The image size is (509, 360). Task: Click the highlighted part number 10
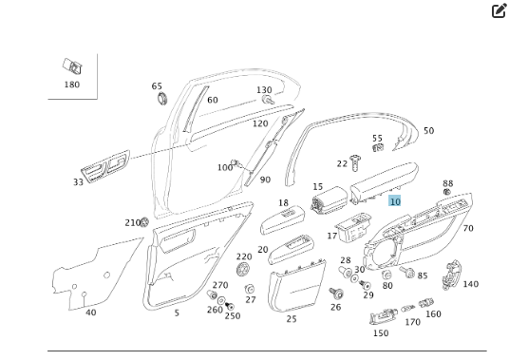tap(395, 201)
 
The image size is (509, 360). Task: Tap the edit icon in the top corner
tap(499, 11)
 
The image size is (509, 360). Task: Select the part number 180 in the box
tap(71, 85)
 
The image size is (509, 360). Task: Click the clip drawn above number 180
tap(71, 66)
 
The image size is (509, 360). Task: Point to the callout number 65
tap(157, 86)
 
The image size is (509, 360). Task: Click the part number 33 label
tap(78, 182)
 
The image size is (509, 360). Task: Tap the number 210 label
tap(133, 222)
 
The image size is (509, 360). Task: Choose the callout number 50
tap(428, 131)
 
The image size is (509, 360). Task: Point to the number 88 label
tap(447, 184)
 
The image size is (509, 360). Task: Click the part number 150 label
tap(380, 333)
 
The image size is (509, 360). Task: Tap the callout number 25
tap(292, 319)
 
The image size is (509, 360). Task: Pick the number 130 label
tap(264, 90)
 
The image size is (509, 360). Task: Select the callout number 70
tap(467, 228)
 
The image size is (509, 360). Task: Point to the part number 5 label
tap(176, 313)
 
